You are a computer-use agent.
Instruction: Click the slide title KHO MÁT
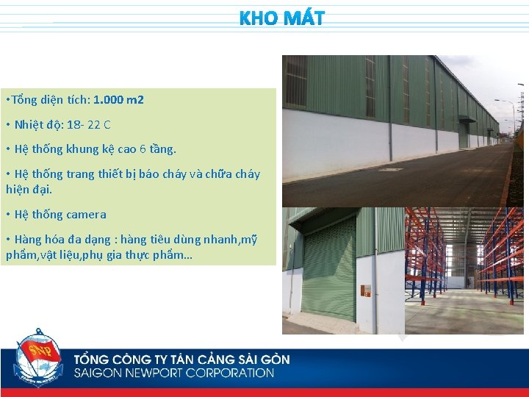(281, 18)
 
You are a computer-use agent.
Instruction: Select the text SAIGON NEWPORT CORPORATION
(173, 373)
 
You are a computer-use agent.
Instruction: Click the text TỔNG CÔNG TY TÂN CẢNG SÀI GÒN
(181, 360)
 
